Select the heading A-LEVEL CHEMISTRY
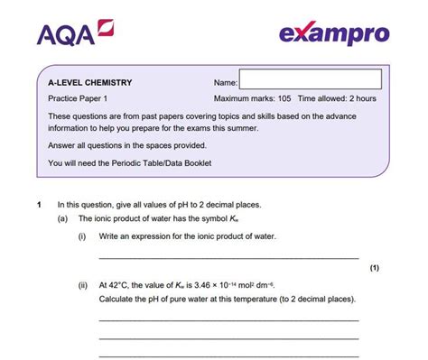coord(90,82)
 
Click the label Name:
coord(226,82)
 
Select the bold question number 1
coord(39,205)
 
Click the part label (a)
coord(62,218)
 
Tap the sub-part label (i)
coord(82,235)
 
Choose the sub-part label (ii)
coord(83,282)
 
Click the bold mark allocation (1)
coord(375,268)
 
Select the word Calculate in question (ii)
coord(118,298)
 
